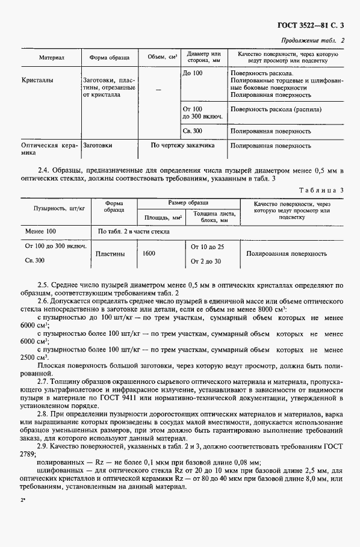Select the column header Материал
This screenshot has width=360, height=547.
[x=52, y=58]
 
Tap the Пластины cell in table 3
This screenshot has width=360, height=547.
[x=111, y=254]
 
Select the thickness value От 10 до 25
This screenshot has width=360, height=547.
[x=207, y=247]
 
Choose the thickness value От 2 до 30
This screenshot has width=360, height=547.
[x=206, y=261]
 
